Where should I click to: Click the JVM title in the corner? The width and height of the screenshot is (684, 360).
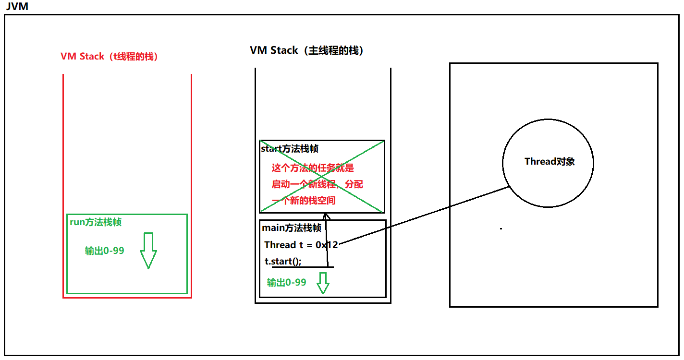(x=17, y=6)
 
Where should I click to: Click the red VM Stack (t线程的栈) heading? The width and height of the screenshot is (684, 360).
(x=109, y=57)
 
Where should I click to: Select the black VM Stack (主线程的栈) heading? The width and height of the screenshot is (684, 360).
(x=306, y=50)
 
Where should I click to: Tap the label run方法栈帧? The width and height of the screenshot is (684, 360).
(x=96, y=222)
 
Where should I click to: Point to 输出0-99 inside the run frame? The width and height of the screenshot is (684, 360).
(x=104, y=251)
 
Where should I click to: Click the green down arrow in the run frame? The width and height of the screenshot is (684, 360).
(x=148, y=251)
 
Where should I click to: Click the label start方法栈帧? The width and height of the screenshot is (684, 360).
(x=290, y=149)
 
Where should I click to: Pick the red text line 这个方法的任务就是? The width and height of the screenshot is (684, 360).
(x=313, y=168)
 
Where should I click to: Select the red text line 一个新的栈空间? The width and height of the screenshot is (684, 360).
(x=304, y=201)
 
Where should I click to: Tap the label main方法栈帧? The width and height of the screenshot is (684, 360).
(x=292, y=228)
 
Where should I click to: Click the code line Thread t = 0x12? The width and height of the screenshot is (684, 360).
(x=301, y=245)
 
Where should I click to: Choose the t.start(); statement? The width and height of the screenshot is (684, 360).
(x=283, y=262)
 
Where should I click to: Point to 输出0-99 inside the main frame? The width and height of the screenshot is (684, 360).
(x=286, y=283)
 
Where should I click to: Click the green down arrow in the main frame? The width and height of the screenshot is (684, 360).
(x=323, y=283)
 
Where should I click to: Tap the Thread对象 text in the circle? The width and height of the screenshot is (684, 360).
(x=550, y=161)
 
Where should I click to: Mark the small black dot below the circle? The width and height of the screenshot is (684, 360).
(x=501, y=228)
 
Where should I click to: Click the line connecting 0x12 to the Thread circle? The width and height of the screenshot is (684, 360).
(x=424, y=216)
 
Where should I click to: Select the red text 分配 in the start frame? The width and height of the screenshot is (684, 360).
(x=354, y=184)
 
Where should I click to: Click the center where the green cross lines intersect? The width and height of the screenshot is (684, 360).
(x=322, y=176)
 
